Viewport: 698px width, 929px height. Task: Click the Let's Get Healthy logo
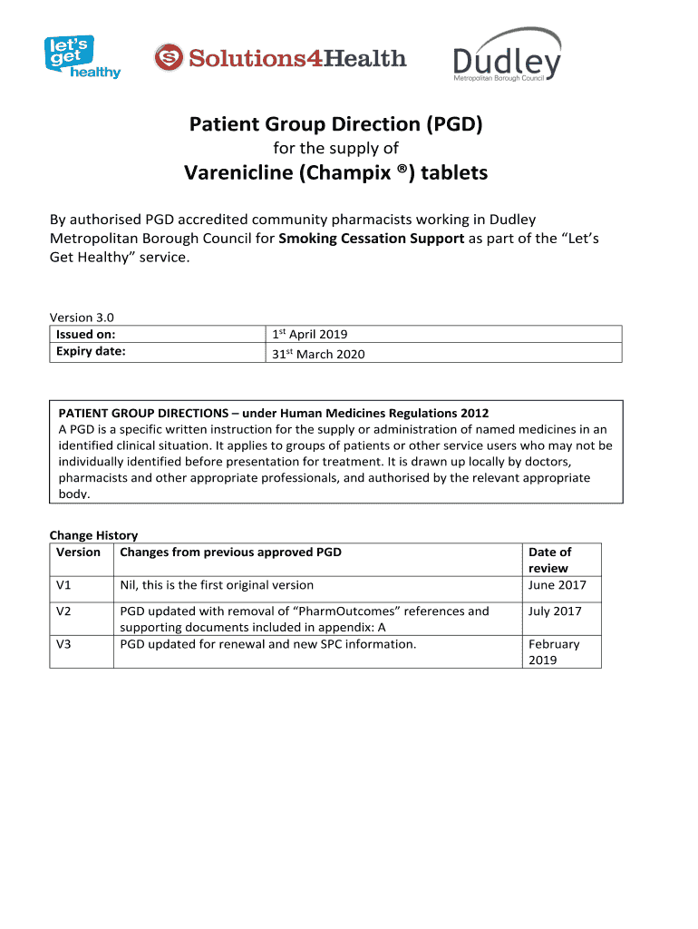[82, 57]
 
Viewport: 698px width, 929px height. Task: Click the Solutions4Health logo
[280, 59]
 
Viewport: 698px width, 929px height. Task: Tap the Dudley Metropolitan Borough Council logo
[508, 57]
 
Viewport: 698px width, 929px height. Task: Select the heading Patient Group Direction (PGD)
[335, 124]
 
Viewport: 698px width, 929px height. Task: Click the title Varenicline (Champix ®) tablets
[335, 172]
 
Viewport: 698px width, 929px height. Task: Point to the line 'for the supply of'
[335, 148]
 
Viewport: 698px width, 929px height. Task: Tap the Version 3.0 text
[82, 318]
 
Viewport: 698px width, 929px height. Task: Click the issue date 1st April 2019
[310, 335]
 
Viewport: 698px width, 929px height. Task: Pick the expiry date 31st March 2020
[318, 354]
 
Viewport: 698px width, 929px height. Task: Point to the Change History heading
[93, 535]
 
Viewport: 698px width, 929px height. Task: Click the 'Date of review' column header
[549, 560]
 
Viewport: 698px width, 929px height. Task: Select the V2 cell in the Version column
[64, 611]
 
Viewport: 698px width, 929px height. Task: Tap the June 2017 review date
[557, 585]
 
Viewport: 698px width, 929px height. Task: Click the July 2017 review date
[555, 611]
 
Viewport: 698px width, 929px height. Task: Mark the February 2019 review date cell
[554, 652]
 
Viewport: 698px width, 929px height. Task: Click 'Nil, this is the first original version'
[217, 585]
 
